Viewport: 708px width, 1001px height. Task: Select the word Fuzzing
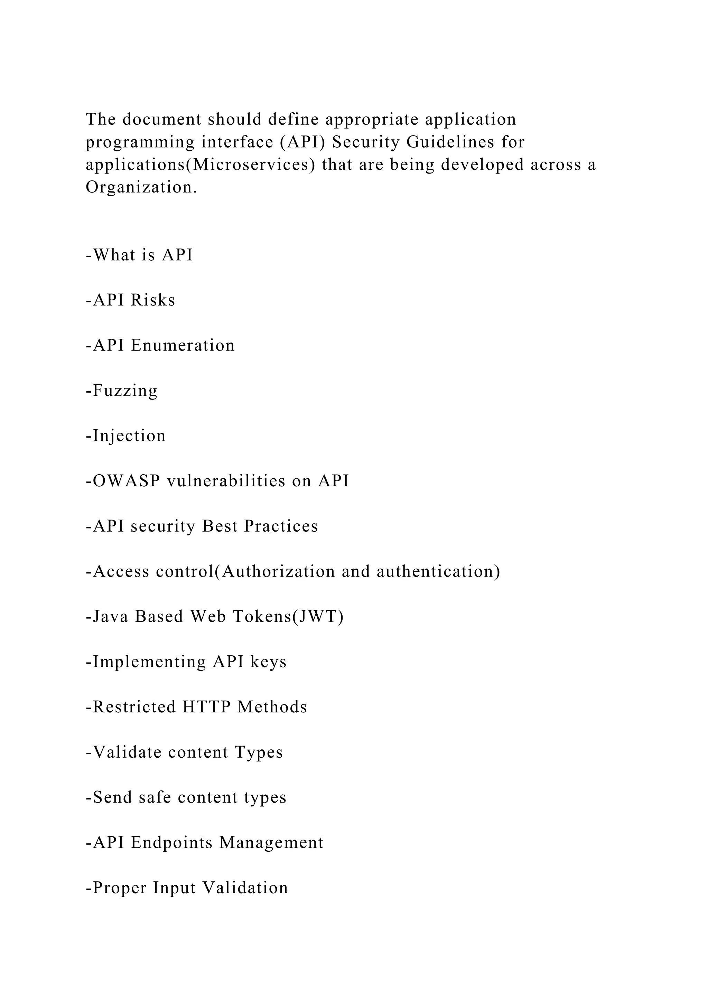pos(125,391)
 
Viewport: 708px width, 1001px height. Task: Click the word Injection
pos(129,436)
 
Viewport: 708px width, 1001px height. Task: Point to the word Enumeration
pos(183,345)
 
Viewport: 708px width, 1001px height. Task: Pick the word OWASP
pos(127,481)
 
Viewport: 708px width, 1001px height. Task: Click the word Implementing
pos(150,662)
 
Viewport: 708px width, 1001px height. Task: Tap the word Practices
pos(281,526)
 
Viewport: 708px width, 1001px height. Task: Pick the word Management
pos(271,842)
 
